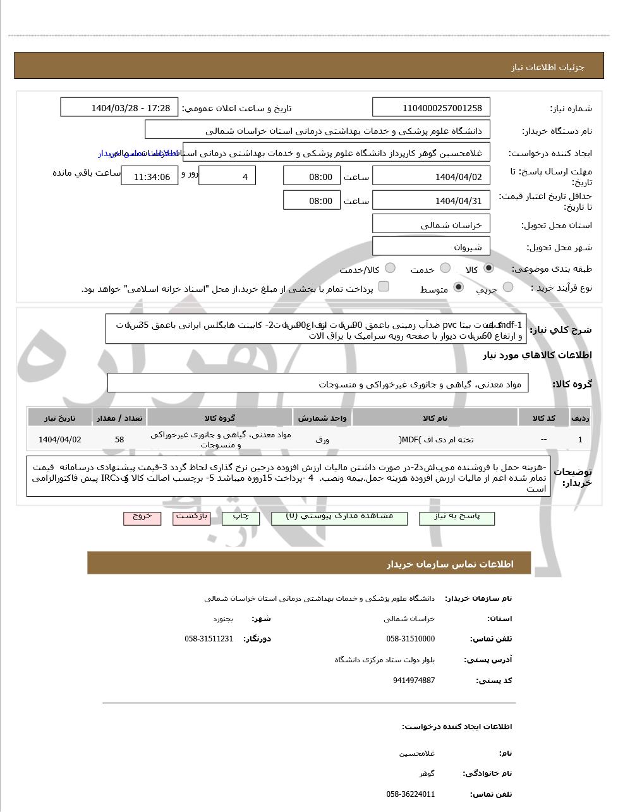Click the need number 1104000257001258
431,108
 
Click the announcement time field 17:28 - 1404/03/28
119,108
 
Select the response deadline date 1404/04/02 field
431,176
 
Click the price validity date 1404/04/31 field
431,201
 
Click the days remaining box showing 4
227,176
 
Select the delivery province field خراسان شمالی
431,224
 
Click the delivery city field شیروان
431,247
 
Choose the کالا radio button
488,268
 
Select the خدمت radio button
445,268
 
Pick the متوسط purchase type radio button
459,288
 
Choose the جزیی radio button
507,288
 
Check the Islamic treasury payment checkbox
384,287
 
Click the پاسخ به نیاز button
457,518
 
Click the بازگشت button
191,518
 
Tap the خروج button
142,518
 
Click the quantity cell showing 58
119,439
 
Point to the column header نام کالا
435,418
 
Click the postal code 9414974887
413,681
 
